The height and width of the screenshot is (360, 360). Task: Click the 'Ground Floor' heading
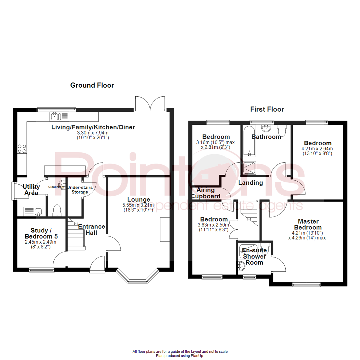[x=92, y=85]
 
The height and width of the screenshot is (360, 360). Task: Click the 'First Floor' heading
[x=267, y=109]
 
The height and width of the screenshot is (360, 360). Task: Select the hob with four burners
[x=22, y=148]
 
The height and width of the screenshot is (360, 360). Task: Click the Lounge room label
[x=138, y=200]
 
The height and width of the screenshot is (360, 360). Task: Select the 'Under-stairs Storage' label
[x=80, y=190]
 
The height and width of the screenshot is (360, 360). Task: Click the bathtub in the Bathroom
[x=249, y=142]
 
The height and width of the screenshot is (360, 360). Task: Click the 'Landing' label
[x=250, y=183]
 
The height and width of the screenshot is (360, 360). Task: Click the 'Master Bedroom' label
[x=308, y=224]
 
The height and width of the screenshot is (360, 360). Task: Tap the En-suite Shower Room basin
[x=241, y=266]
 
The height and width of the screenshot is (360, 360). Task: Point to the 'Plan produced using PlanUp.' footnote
[x=180, y=356]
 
